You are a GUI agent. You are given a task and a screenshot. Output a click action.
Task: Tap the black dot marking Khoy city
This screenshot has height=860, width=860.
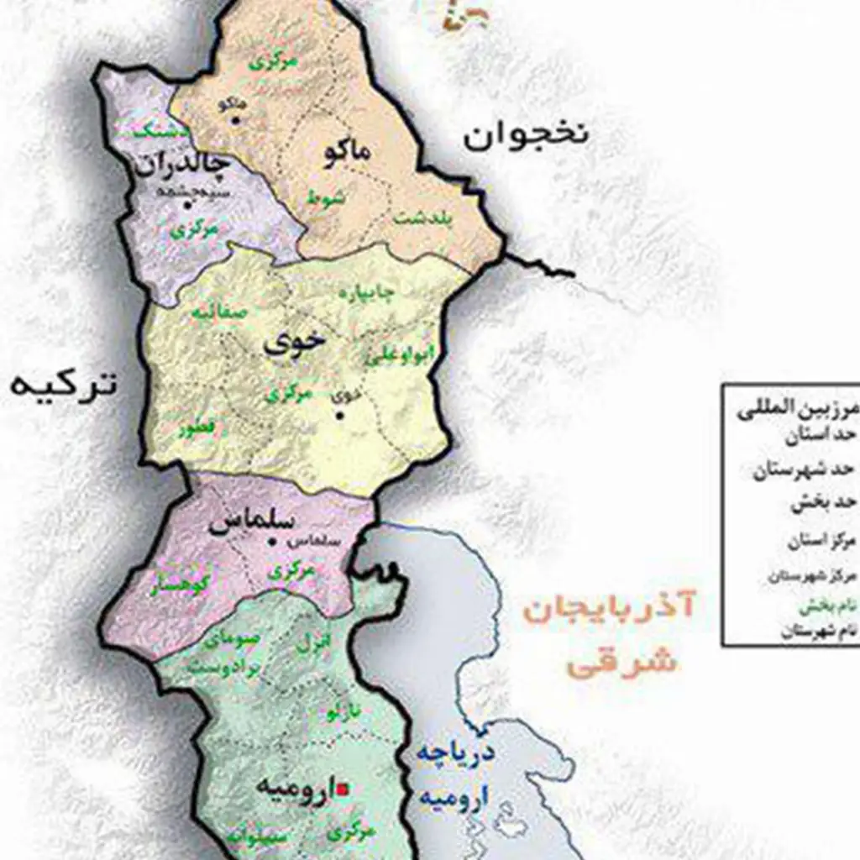[340, 413]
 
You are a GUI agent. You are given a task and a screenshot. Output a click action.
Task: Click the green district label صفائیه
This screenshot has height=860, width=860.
[220, 312]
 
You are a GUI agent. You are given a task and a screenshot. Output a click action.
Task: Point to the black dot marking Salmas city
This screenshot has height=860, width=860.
[270, 543]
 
